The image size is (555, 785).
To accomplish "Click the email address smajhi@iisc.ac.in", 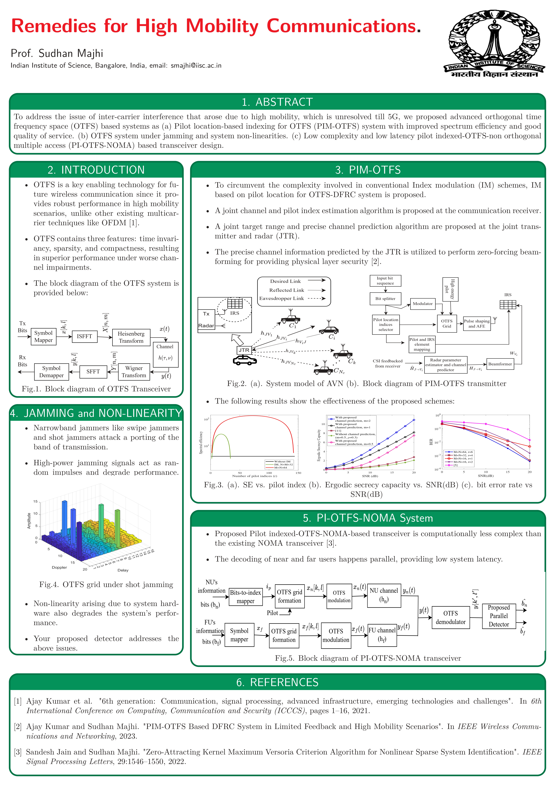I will click(x=196, y=65).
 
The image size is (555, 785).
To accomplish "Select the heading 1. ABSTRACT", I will click(x=277, y=102).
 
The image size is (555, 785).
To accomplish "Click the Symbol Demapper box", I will click(x=51, y=372).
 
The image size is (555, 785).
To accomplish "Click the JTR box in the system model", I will click(x=244, y=350).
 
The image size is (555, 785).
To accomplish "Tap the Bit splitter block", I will click(x=385, y=298).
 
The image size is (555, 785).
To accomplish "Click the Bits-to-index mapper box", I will click(x=245, y=597).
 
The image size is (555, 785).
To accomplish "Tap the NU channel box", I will click(x=384, y=595).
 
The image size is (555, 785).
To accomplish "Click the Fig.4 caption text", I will click(x=106, y=584).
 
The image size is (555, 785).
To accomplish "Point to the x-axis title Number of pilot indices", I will click(x=255, y=476).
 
